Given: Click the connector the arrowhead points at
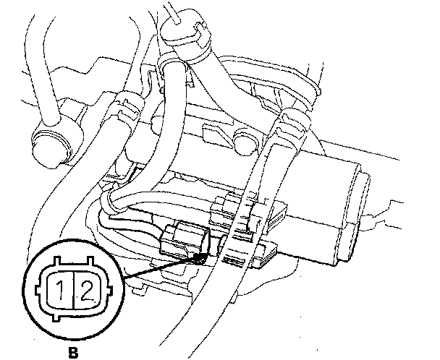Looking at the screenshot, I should (x=183, y=239).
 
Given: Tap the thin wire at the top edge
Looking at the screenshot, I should (x=174, y=7).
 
